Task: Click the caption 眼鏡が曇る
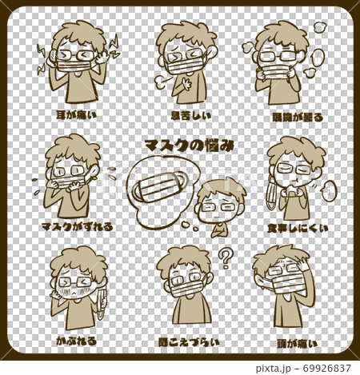[x=295, y=116]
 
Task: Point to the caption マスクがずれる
[x=77, y=227]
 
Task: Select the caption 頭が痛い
[x=295, y=341]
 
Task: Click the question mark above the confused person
[x=226, y=258]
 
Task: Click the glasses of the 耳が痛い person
[x=77, y=55]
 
